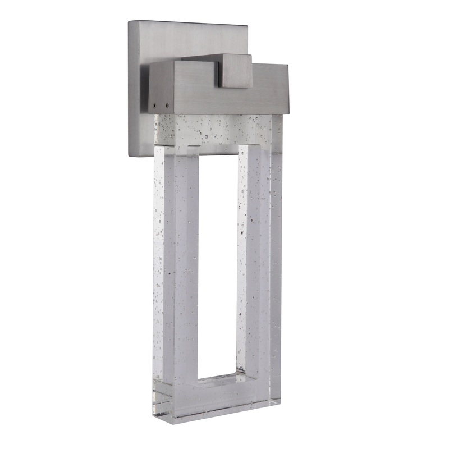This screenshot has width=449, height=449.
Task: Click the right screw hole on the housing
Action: coord(166,103)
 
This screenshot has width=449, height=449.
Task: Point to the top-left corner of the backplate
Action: coord(129,22)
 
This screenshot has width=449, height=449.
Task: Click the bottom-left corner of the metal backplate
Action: coord(130,155)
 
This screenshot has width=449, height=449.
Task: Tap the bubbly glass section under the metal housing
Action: coord(219,130)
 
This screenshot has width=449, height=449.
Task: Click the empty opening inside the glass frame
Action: coord(218,253)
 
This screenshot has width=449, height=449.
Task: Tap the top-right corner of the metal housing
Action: coord(288,65)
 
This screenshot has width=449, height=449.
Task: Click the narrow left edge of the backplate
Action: coord(130,90)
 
